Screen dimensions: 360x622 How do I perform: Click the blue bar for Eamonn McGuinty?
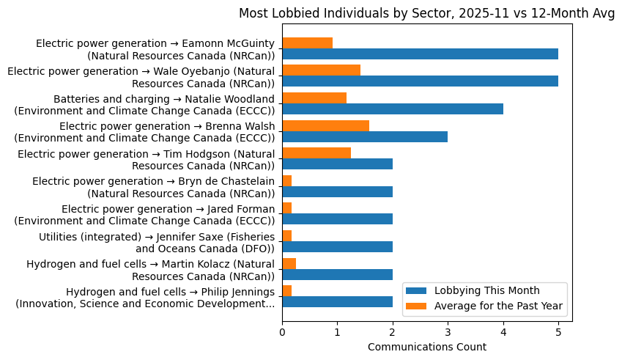420,54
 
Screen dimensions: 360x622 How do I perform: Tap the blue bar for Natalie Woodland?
393,109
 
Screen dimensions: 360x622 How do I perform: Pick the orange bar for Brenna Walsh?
325,125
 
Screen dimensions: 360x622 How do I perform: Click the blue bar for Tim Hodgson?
337,164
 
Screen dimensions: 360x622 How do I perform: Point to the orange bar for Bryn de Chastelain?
287,180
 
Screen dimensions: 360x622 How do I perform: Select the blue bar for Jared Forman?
337,218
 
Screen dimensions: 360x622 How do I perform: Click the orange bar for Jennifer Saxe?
287,235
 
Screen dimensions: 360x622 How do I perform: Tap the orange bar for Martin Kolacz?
289,263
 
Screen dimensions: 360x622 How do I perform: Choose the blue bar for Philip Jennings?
337,301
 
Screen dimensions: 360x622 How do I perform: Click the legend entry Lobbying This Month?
486,290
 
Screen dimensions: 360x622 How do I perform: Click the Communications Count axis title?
426,347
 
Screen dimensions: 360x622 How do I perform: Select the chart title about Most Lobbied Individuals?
426,15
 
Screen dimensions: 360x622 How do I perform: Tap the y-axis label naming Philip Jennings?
145,297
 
